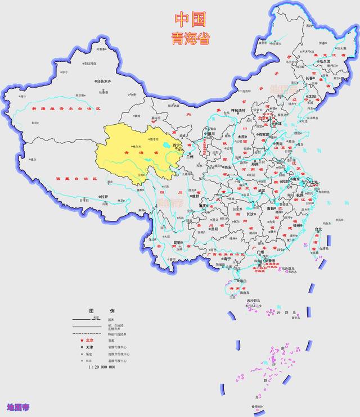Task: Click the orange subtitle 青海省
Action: [x=190, y=38]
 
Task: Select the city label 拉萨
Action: [x=105, y=196]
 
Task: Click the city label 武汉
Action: [x=260, y=191]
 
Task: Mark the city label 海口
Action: [x=242, y=280]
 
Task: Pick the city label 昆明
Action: [x=178, y=242]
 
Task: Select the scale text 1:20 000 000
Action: [x=102, y=366]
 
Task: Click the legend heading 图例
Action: [x=102, y=311]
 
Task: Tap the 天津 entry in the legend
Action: [x=90, y=347]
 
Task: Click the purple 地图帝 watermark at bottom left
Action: [x=18, y=406]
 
